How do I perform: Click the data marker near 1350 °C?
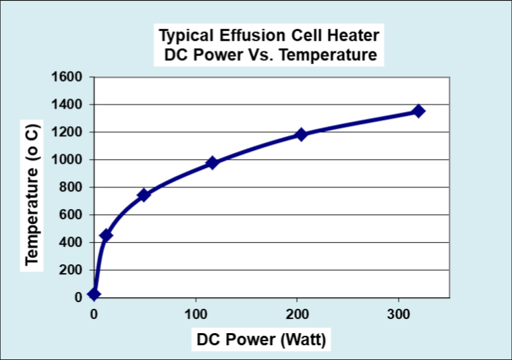[418, 111]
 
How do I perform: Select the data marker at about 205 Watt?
[301, 134]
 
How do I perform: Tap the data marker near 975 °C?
[212, 162]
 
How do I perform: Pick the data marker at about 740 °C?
[143, 195]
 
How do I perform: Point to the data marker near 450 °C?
[106, 235]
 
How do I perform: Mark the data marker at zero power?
[94, 294]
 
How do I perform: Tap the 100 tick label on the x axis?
[196, 313]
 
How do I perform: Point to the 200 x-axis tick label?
[297, 313]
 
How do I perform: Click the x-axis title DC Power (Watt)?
[261, 340]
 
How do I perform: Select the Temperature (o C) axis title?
[32, 195]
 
